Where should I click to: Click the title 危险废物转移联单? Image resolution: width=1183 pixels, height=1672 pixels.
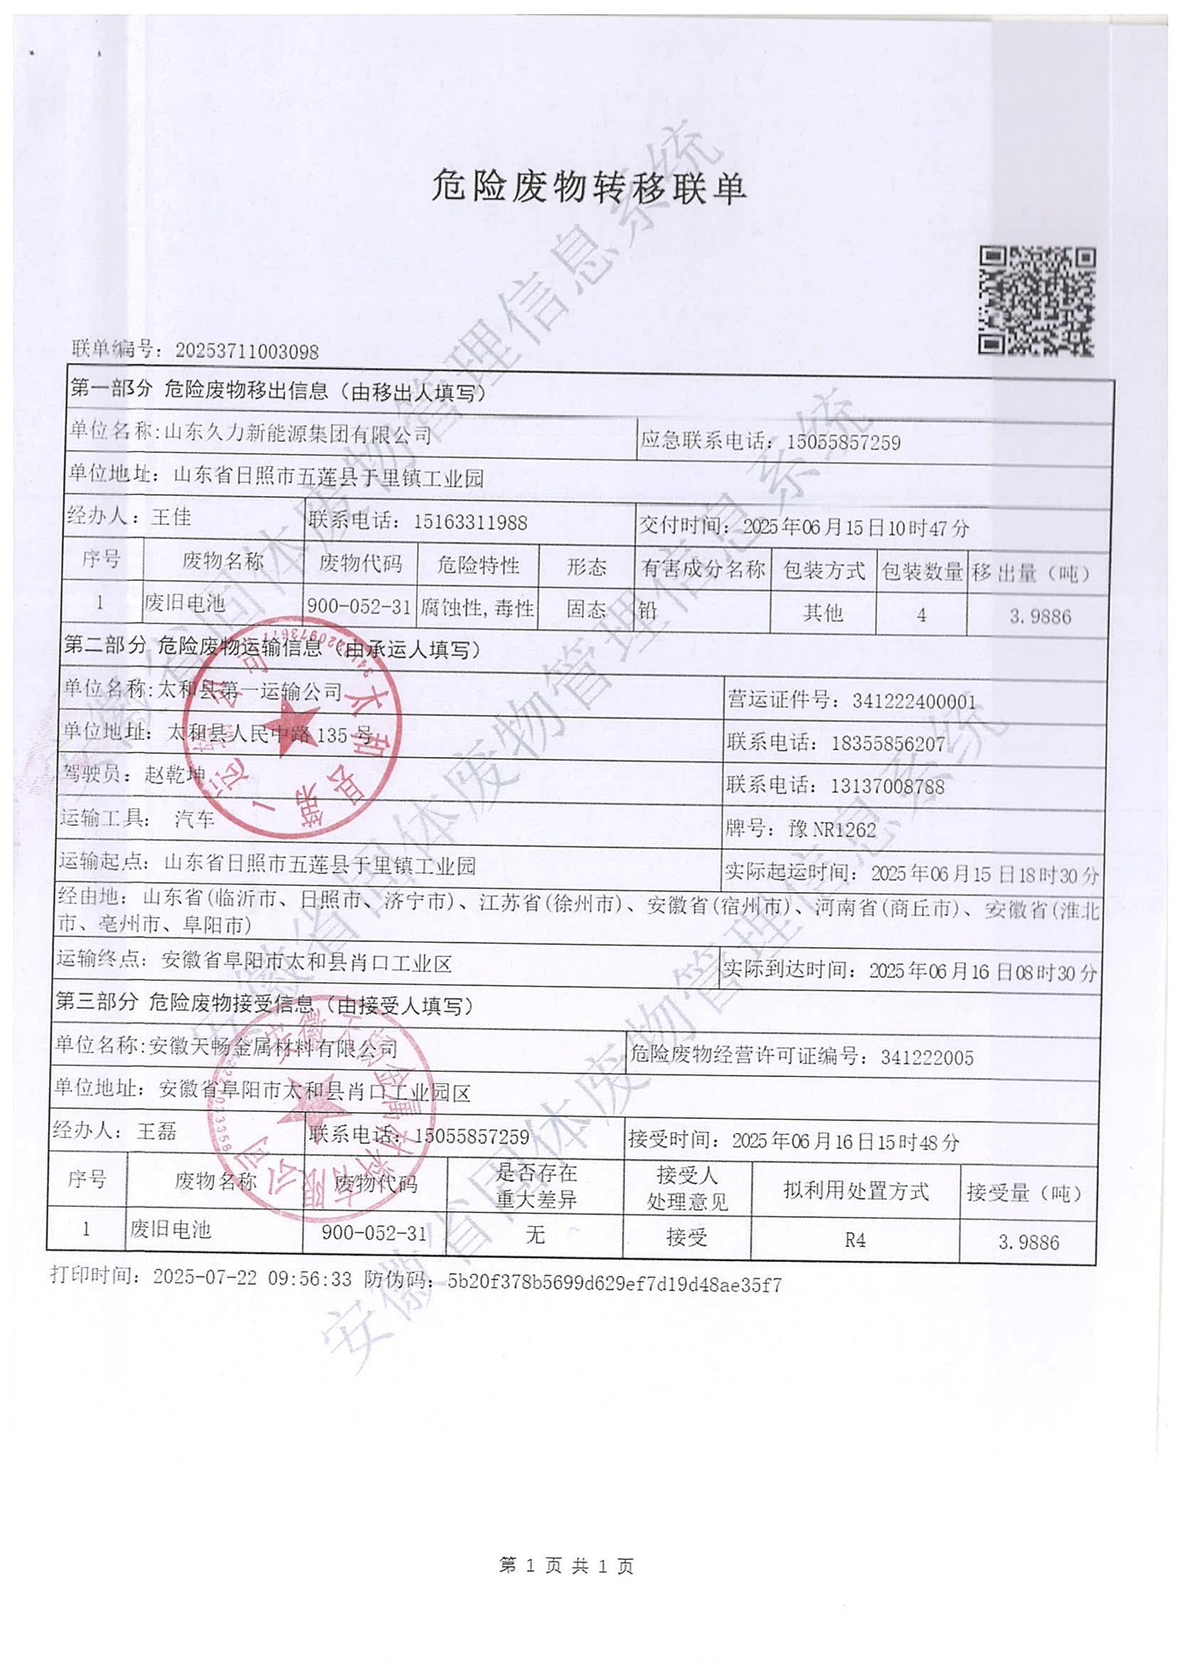[x=588, y=188]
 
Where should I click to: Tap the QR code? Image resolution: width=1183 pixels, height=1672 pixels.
[x=1037, y=301]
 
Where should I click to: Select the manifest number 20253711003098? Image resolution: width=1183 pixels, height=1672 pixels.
[x=246, y=351]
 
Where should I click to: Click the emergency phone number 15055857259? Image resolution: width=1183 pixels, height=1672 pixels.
[x=843, y=442]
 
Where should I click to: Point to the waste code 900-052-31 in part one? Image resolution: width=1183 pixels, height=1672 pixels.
[x=358, y=606]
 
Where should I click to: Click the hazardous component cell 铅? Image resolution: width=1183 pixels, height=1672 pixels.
[x=648, y=610]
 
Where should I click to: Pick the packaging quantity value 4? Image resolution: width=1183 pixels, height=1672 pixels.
[x=921, y=615]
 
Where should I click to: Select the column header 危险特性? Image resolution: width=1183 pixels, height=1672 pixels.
[x=478, y=565]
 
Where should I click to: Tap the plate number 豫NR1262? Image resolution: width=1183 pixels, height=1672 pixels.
[x=832, y=829]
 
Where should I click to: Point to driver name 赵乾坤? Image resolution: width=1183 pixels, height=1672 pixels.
[x=175, y=775]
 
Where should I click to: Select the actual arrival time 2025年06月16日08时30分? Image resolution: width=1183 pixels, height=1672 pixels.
[x=982, y=972]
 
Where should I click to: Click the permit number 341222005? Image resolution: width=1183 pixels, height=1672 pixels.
[x=927, y=1058]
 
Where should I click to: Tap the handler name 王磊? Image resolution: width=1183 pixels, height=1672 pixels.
[x=157, y=1131]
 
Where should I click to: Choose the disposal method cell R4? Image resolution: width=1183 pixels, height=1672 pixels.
[x=854, y=1240]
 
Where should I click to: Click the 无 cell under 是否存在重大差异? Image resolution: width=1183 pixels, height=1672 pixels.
[x=535, y=1236]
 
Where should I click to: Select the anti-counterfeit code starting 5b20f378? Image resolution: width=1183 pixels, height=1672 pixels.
[x=614, y=1285]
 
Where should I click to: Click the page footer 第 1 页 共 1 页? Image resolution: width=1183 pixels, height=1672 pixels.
[x=566, y=1565]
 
